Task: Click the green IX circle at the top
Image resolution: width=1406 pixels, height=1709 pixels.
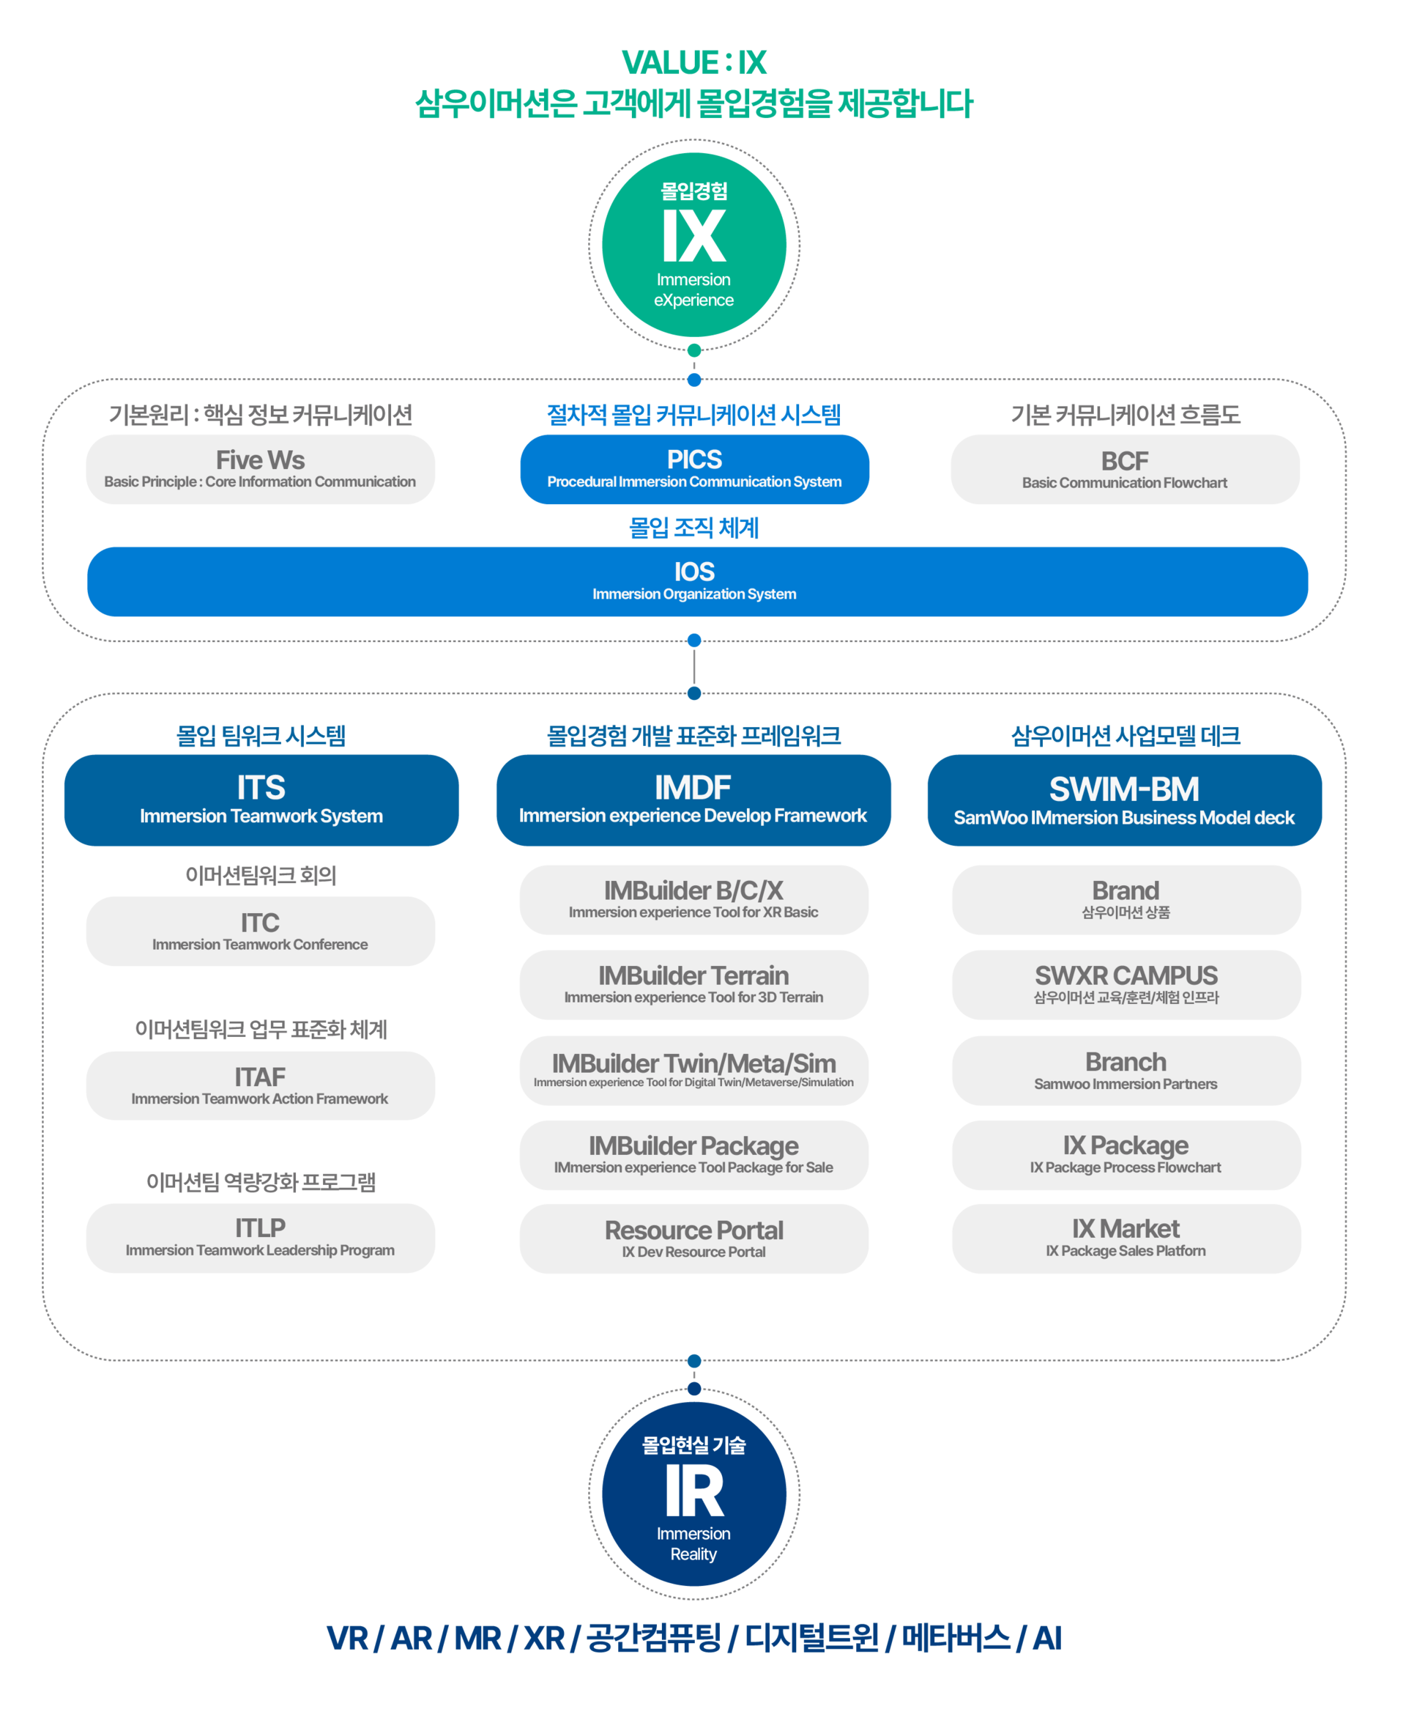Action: pos(694,245)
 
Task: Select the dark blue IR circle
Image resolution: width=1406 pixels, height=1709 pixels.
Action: pos(694,1494)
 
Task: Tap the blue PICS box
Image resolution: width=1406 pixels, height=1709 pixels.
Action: pos(694,469)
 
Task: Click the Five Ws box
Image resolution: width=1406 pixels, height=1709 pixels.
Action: pos(260,469)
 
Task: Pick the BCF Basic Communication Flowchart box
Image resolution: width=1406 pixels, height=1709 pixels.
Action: pos(1125,469)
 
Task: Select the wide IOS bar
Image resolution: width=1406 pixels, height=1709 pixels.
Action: pos(697,582)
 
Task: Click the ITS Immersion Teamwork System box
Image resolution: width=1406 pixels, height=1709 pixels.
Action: pos(261,800)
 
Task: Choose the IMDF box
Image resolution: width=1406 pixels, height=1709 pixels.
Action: pos(693,800)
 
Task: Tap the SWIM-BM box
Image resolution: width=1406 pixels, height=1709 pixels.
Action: pos(1125,800)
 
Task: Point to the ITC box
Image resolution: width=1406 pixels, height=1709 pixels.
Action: pos(260,931)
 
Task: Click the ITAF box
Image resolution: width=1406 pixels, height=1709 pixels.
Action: pos(260,1086)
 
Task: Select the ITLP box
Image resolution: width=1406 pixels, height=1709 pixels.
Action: pos(260,1239)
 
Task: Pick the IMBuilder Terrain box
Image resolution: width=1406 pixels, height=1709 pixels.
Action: pos(694,984)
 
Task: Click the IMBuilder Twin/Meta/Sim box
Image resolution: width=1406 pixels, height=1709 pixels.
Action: pos(694,1071)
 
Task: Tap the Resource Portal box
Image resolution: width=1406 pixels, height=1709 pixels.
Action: pos(694,1239)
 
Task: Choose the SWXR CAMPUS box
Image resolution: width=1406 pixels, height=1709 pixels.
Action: pos(1126,984)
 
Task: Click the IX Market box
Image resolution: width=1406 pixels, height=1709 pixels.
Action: pos(1126,1239)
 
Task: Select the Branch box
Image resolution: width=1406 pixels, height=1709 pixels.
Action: pos(1126,1071)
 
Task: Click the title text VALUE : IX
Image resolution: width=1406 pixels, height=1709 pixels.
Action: pos(694,62)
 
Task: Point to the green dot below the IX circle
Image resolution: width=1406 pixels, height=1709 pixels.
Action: pos(694,351)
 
